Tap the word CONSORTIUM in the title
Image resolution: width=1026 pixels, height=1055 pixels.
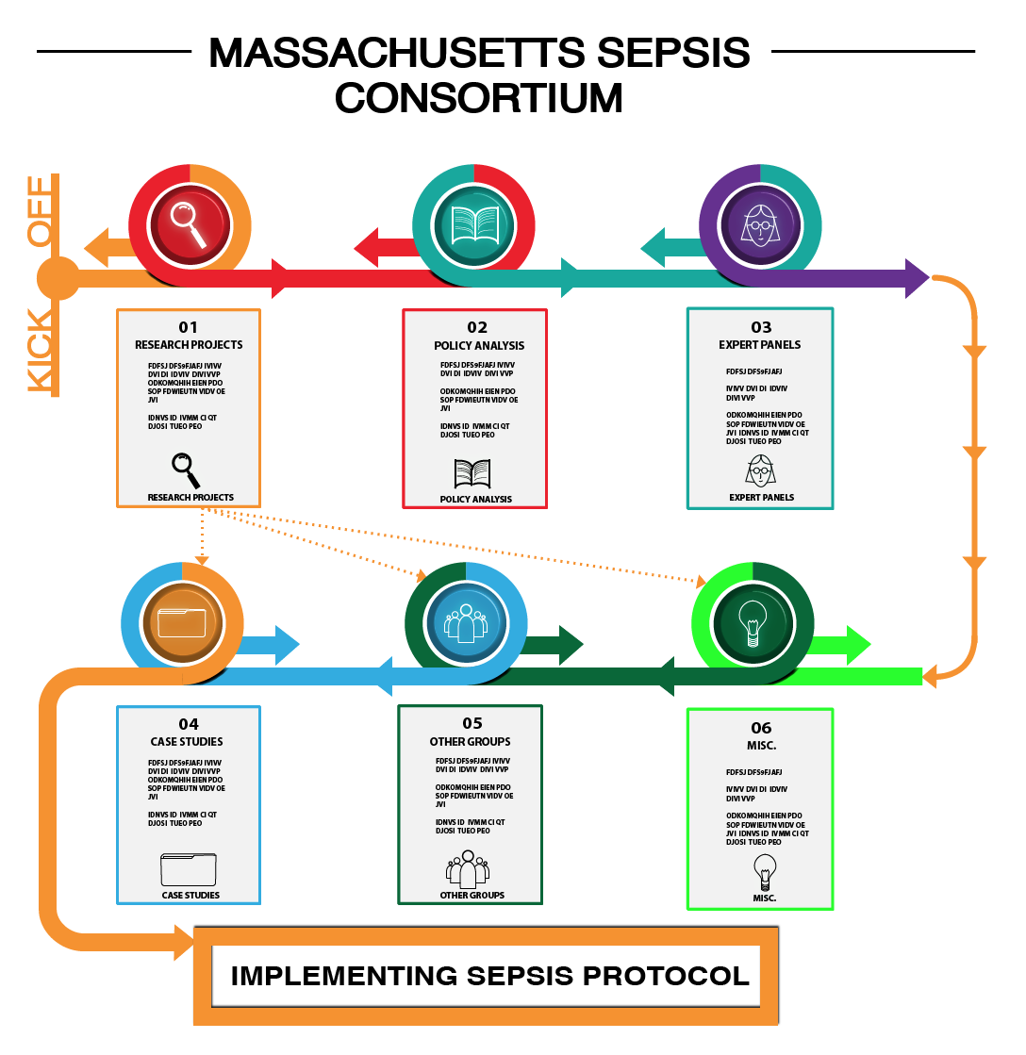pos(479,98)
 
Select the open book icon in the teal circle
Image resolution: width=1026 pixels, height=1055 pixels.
pos(473,225)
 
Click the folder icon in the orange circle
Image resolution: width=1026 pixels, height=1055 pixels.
pos(182,623)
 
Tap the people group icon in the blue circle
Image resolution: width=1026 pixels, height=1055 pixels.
pos(466,623)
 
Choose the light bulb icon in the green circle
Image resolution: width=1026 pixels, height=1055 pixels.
pos(753,623)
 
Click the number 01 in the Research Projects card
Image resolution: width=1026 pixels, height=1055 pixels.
pos(189,327)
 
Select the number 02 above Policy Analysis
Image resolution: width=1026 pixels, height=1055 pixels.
pos(477,327)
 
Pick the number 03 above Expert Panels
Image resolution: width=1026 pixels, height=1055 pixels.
pos(761,327)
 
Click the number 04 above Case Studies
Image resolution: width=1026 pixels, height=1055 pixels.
pos(189,724)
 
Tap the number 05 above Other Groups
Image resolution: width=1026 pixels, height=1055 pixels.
pos(472,723)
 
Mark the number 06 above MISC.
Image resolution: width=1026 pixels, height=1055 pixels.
pos(761,727)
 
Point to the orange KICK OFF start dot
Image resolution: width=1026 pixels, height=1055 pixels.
pos(58,278)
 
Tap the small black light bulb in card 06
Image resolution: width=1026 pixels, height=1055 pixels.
pos(765,872)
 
